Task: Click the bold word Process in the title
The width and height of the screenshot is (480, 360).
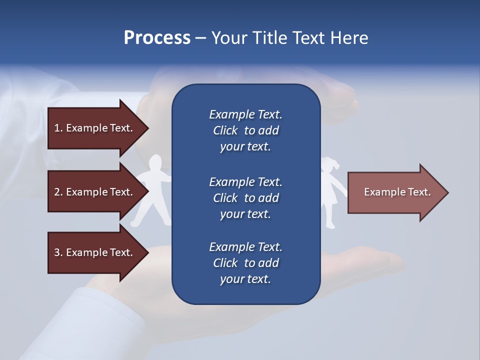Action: coord(157,38)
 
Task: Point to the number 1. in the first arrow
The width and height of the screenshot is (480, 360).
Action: coord(58,128)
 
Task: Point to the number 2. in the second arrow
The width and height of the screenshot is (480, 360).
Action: coord(58,192)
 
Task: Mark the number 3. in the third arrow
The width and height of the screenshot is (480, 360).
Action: coord(58,252)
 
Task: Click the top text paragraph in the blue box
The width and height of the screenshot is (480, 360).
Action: coord(245,130)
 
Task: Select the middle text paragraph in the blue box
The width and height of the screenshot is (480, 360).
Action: coord(245,198)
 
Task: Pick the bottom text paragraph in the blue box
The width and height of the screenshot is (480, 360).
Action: coord(245,263)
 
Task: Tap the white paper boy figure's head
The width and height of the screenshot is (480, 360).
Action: coord(156,163)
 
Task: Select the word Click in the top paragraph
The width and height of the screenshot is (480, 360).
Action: coord(225,131)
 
